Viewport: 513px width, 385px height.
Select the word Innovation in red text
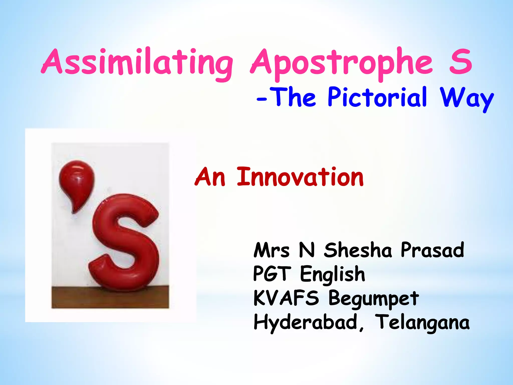click(x=300, y=177)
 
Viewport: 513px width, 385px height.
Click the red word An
click(x=210, y=177)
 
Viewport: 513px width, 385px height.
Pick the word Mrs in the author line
click(x=272, y=250)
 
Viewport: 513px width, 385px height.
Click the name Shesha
click(x=358, y=250)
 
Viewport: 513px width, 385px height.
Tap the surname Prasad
click(x=432, y=250)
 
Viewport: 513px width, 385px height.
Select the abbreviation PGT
click(x=272, y=274)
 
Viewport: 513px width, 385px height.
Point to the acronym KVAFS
click(x=286, y=298)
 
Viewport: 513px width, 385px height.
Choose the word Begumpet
click(x=373, y=299)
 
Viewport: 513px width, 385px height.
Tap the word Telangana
click(x=423, y=323)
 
